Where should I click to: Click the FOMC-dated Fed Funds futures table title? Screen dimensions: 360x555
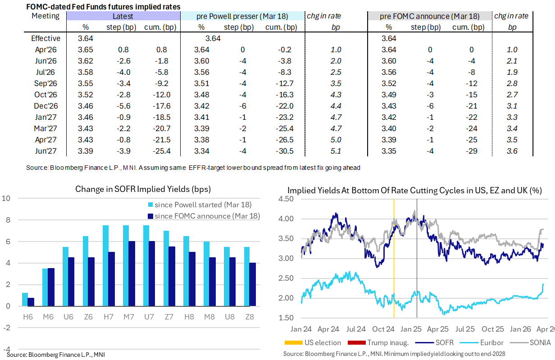[103, 7]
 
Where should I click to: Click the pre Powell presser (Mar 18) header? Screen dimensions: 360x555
[241, 16]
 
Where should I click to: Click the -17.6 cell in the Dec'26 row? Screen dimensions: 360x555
[161, 106]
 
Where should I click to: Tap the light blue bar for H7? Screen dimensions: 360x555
[105, 266]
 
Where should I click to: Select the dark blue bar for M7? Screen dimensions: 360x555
[131, 273]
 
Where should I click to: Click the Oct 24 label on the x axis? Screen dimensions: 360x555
[385, 329]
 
